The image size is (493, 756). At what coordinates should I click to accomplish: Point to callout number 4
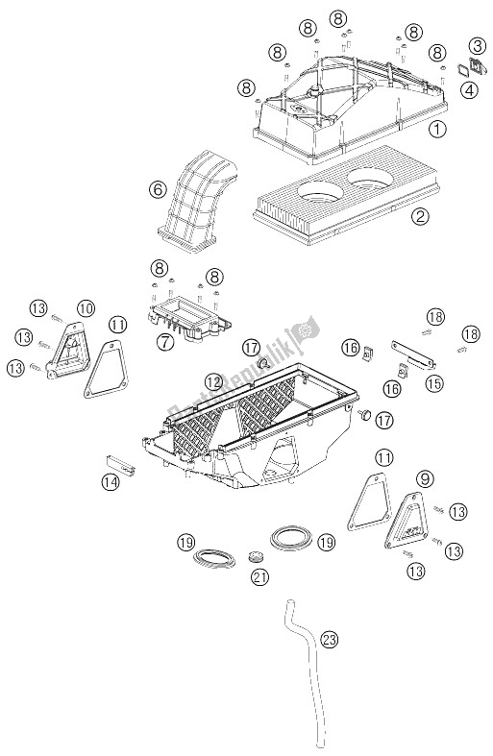tap(471, 90)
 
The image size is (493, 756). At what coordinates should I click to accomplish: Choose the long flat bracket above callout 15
tap(412, 343)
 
